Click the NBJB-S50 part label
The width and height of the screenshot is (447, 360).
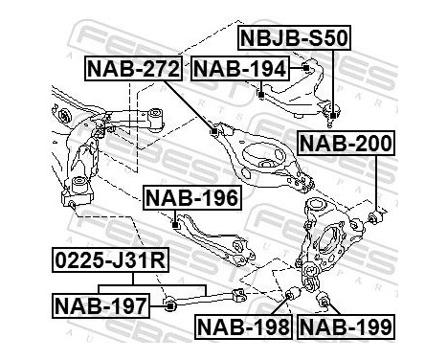(x=295, y=39)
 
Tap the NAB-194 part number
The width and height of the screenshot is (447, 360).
(x=237, y=67)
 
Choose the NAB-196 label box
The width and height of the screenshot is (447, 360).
(x=191, y=197)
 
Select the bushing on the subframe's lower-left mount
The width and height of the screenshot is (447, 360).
(x=71, y=200)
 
